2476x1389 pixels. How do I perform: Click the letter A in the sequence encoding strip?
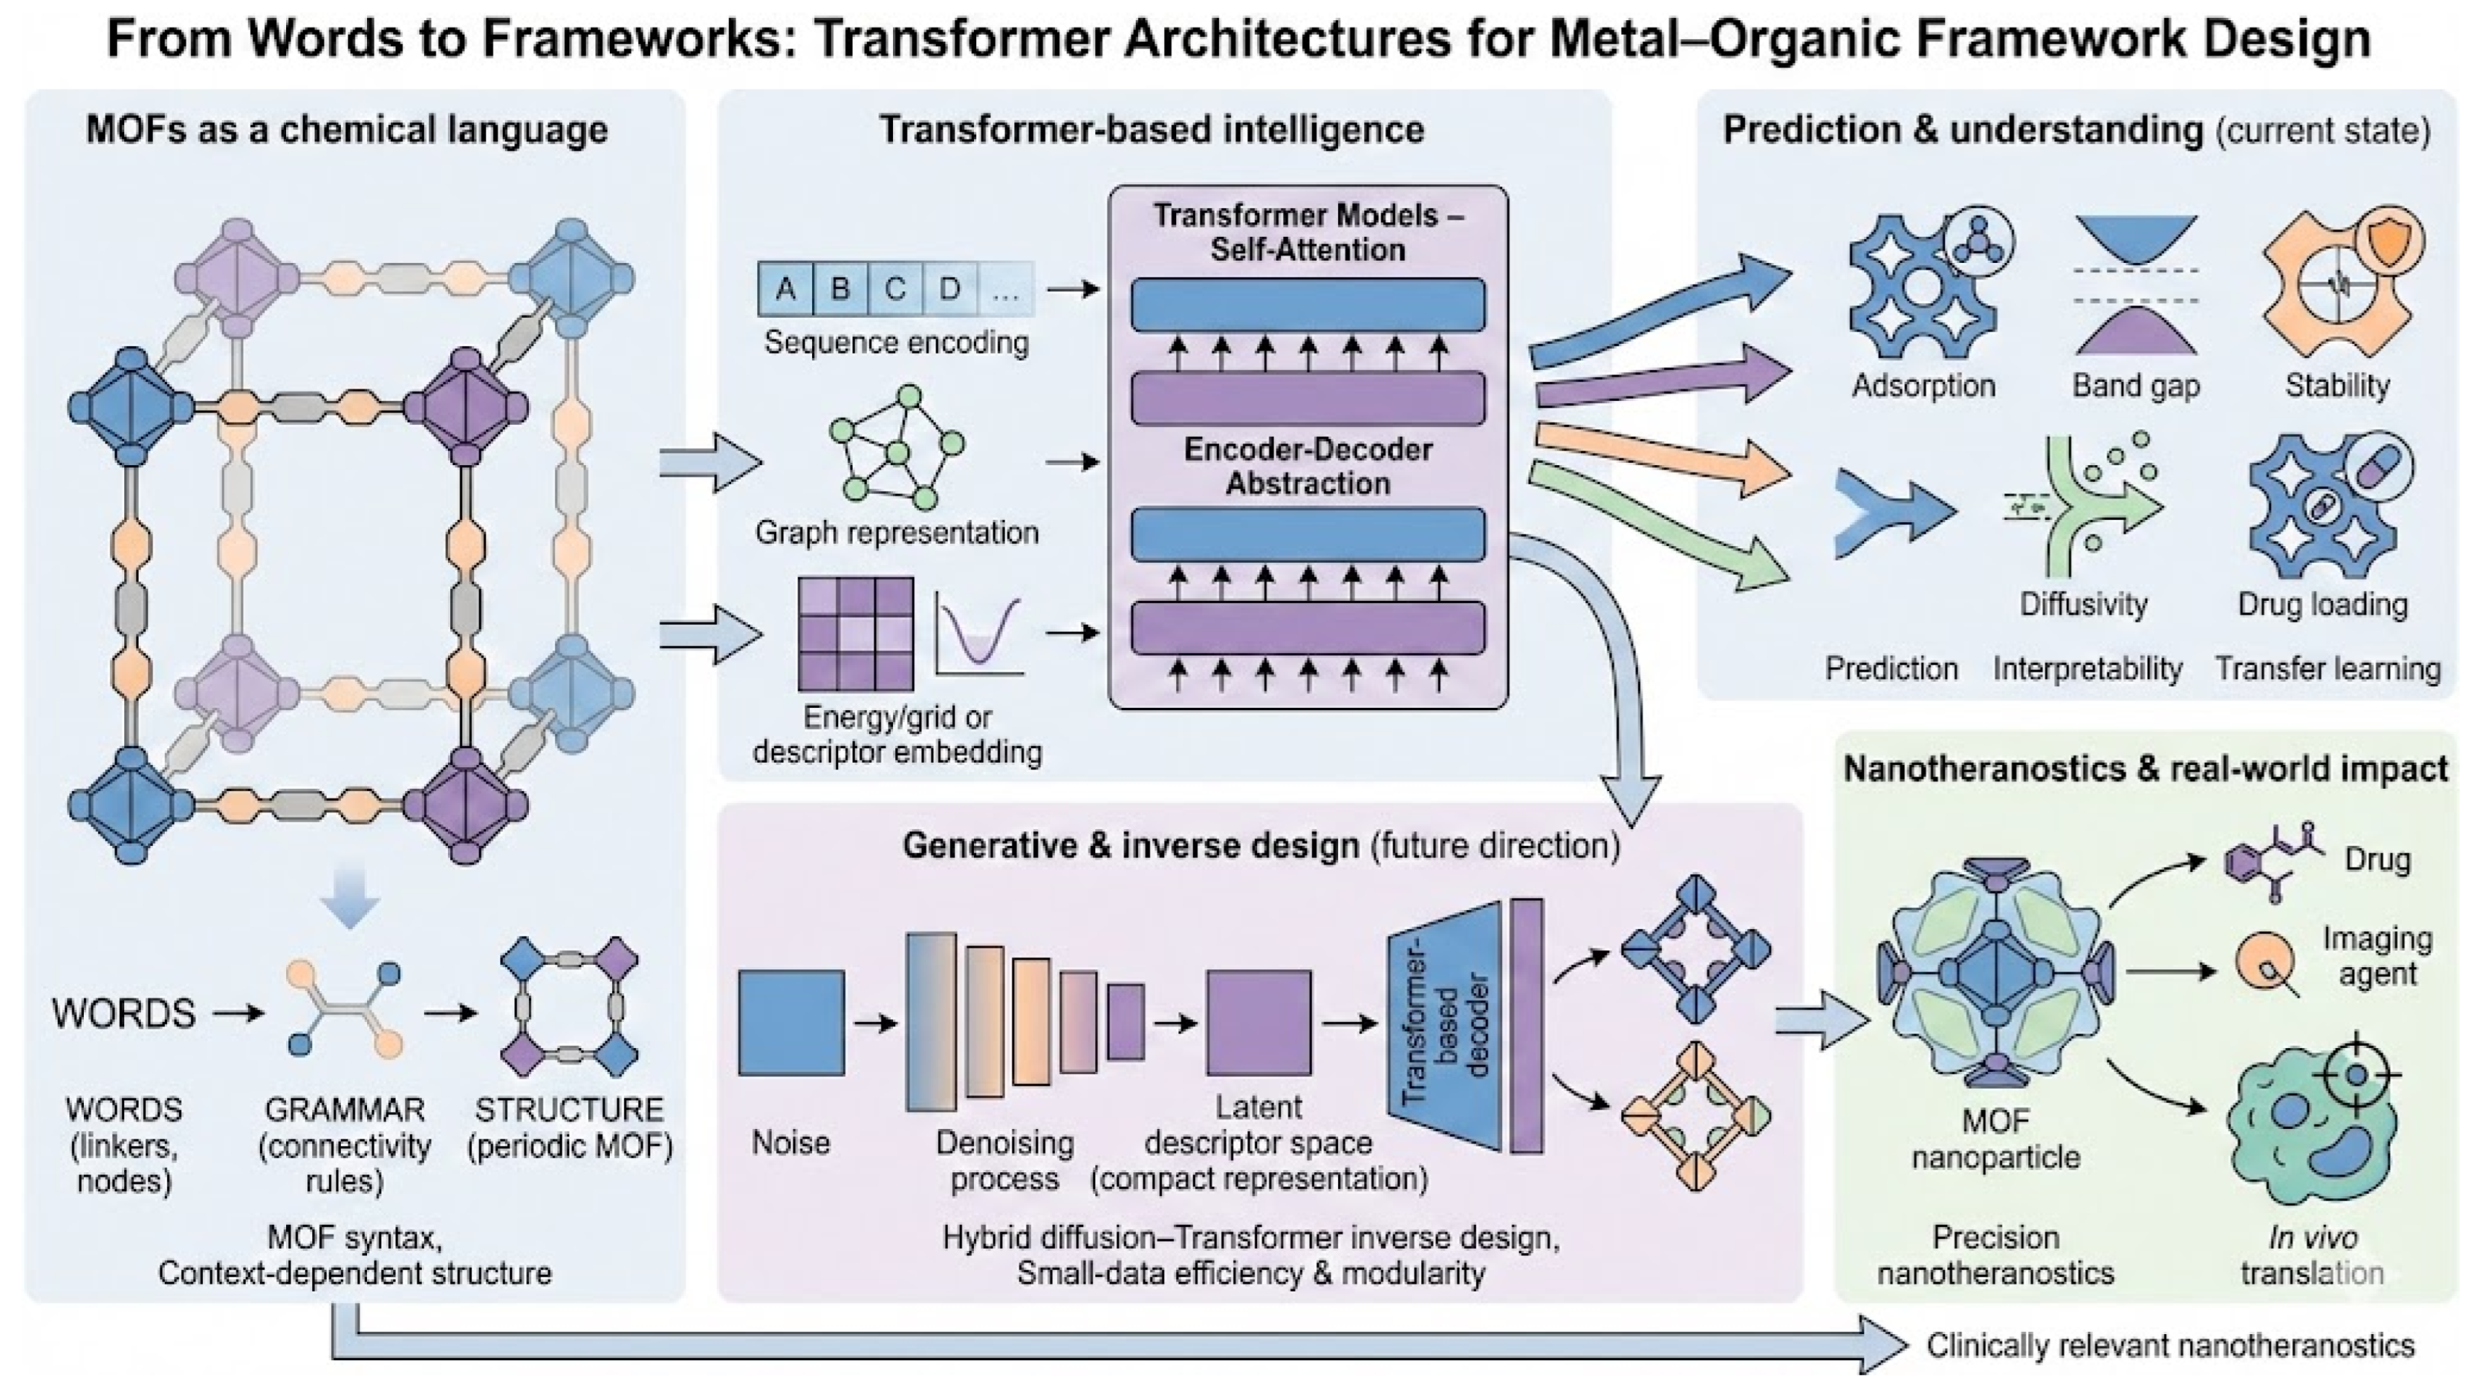coord(786,288)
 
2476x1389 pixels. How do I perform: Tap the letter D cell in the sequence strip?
coord(949,288)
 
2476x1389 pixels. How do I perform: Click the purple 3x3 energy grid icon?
coord(855,633)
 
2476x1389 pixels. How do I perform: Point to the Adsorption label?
coord(1923,386)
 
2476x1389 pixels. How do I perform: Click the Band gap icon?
coord(2136,285)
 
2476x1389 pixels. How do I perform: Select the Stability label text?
coord(2337,386)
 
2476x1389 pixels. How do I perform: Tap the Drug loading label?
coord(2322,605)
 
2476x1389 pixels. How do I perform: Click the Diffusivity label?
coord(2083,604)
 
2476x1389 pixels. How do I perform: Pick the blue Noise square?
coord(791,1022)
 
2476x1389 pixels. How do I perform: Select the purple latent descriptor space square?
coord(1258,1022)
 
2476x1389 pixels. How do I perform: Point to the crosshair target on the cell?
coord(2356,1073)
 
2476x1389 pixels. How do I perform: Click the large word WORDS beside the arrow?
coord(124,1013)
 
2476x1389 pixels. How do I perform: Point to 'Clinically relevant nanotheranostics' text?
coord(2170,1345)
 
